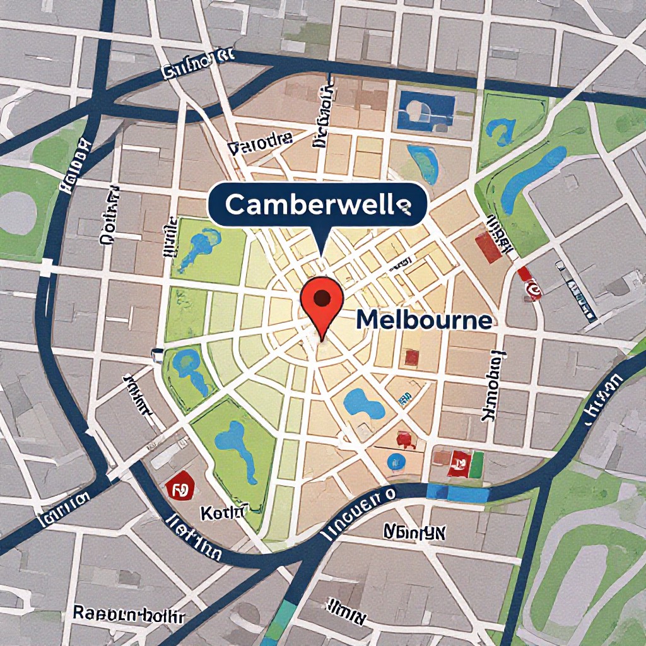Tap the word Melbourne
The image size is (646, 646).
(423, 320)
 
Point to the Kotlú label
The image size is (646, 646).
(221, 512)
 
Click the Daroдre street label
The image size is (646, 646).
(260, 148)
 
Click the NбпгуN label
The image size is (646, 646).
(414, 532)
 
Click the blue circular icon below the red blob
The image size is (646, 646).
(396, 461)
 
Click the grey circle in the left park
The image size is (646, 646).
(18, 212)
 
